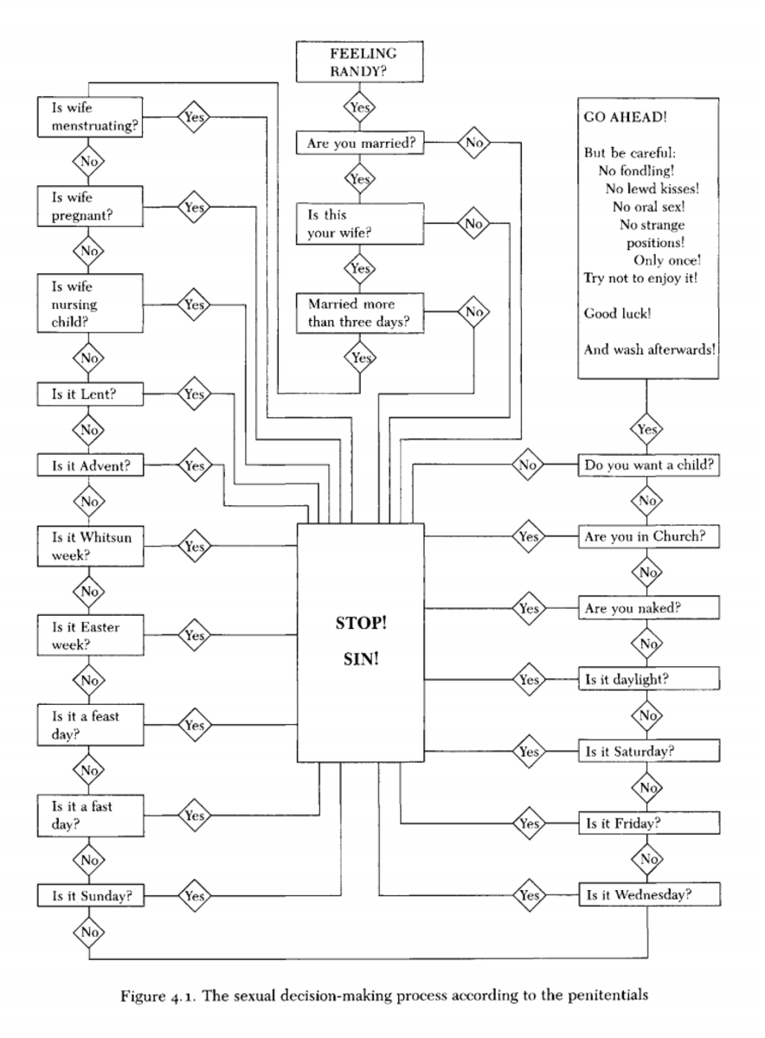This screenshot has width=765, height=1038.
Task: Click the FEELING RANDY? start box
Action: [358, 62]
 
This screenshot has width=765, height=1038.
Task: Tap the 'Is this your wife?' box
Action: [362, 223]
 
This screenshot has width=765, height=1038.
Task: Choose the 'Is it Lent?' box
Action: [90, 394]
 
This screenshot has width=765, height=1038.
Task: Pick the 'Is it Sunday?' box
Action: [90, 895]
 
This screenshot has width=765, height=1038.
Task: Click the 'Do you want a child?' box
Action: [649, 465]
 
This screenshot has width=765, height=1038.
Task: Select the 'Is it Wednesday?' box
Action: [649, 894]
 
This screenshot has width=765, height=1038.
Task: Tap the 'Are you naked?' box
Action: [649, 607]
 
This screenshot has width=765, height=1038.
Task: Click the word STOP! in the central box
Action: [361, 623]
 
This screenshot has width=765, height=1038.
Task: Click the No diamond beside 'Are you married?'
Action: [473, 143]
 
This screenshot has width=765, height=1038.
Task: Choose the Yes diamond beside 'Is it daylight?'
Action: [527, 679]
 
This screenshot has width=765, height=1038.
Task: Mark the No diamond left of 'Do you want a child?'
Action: [527, 465]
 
